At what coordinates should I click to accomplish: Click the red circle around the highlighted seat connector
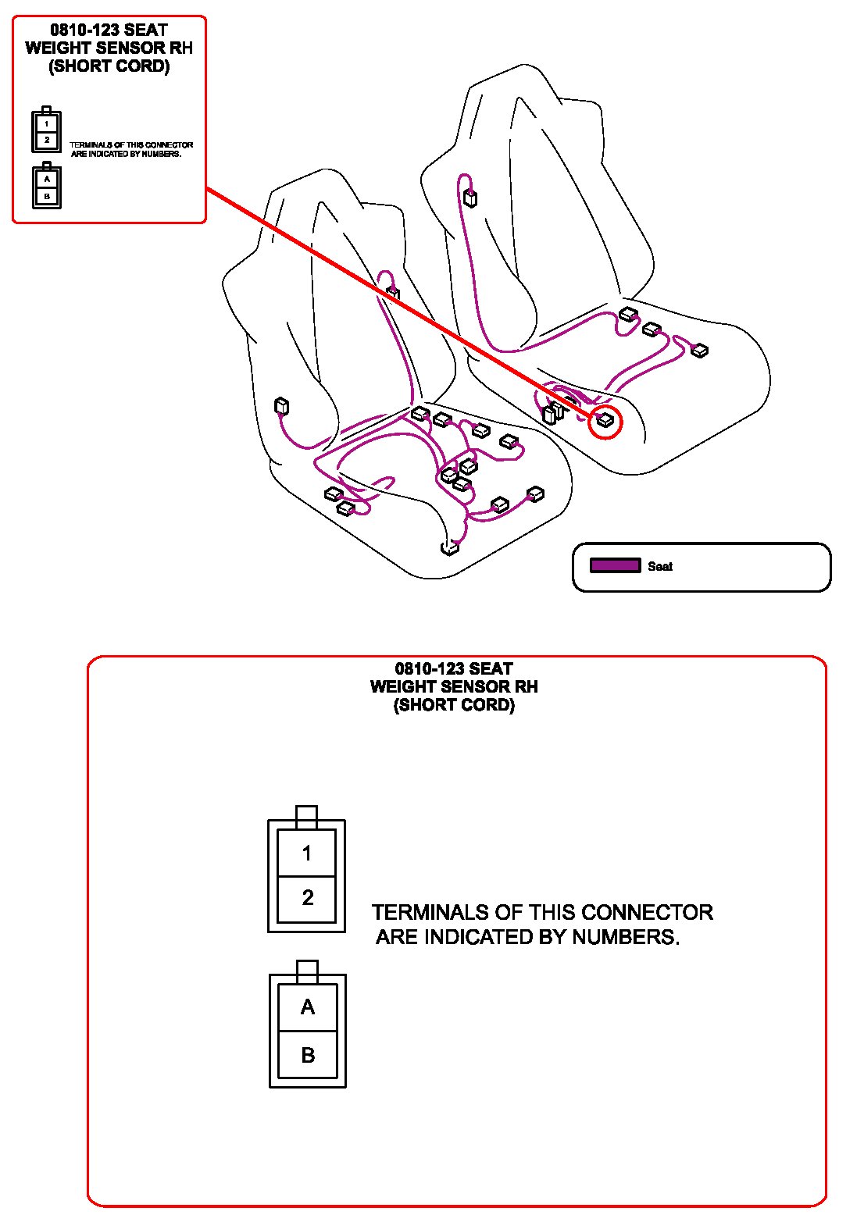tap(605, 422)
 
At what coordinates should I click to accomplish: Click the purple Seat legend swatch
tap(615, 565)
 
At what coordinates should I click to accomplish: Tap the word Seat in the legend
tap(660, 566)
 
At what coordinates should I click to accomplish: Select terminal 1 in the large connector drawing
tap(307, 853)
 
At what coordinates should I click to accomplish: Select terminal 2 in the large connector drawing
tap(307, 898)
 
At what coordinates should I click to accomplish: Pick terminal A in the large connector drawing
tap(308, 1007)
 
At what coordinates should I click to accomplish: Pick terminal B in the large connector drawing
tap(308, 1055)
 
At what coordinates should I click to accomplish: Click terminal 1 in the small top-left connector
tap(47, 123)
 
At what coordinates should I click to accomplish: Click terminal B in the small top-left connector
tap(47, 196)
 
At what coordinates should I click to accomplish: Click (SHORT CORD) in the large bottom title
tap(454, 704)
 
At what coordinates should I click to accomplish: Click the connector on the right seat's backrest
tap(469, 197)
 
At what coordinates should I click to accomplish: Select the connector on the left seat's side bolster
tap(281, 406)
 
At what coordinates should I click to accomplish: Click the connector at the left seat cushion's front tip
tap(449, 547)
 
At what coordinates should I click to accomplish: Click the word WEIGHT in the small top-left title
tap(59, 48)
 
